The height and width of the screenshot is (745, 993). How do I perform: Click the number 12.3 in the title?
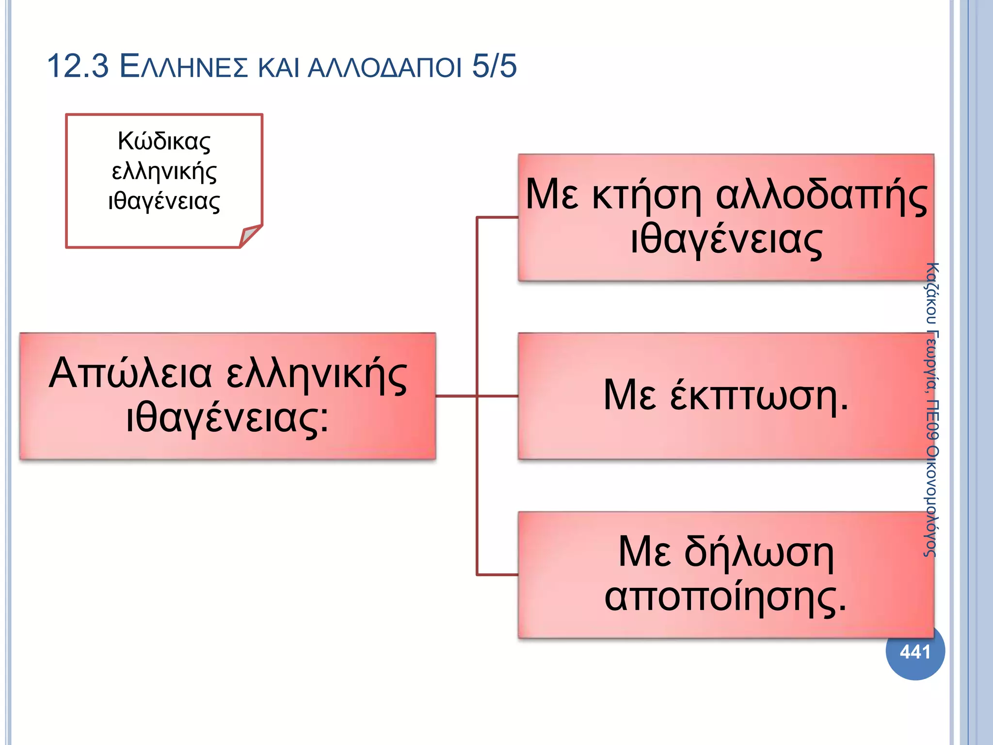pyautogui.click(x=78, y=66)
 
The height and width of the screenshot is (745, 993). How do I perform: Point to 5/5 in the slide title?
pyautogui.click(x=494, y=66)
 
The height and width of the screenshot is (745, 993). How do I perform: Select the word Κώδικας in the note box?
pyautogui.click(x=164, y=142)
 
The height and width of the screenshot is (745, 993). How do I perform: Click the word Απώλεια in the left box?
pyautogui.click(x=130, y=373)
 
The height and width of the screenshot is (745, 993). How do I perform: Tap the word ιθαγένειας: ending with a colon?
pyautogui.click(x=227, y=418)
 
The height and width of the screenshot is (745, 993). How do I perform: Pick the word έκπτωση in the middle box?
pyautogui.click(x=754, y=395)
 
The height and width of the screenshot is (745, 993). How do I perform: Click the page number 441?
pyautogui.click(x=915, y=652)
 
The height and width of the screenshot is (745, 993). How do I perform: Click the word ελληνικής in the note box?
pyautogui.click(x=164, y=172)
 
